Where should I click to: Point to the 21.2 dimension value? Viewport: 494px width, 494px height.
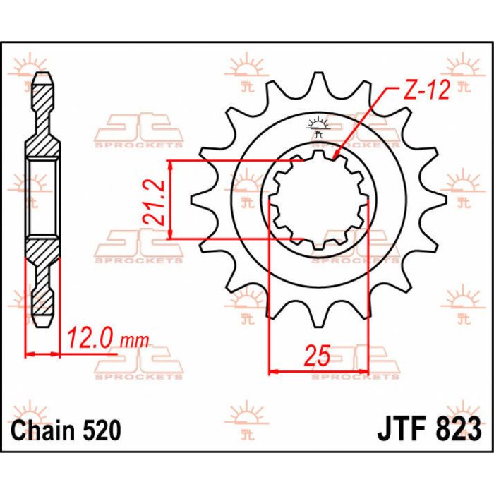point(157,201)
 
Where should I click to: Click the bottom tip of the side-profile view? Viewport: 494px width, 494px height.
point(42,326)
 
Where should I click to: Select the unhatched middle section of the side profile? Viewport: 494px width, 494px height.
point(42,200)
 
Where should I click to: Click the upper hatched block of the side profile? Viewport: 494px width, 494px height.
point(42,141)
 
